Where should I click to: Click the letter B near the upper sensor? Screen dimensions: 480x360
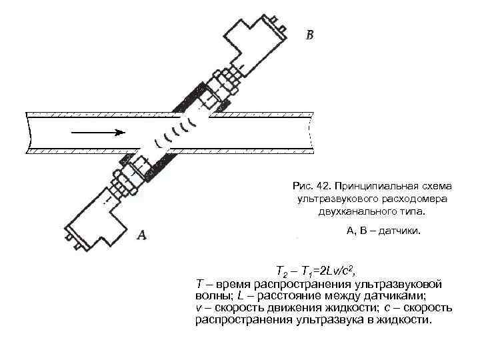point(309,34)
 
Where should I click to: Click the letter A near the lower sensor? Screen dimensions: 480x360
point(141,234)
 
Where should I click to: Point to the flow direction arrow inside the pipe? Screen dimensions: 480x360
point(96,133)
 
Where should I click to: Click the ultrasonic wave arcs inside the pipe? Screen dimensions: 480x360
point(180,131)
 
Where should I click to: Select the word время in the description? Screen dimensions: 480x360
point(229,283)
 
